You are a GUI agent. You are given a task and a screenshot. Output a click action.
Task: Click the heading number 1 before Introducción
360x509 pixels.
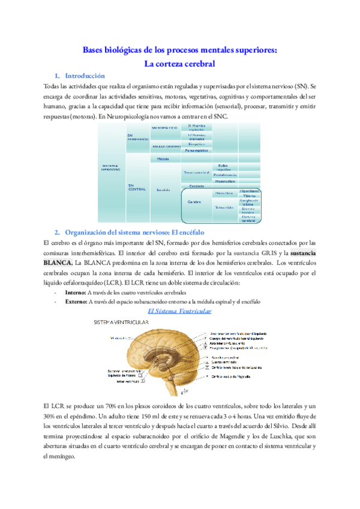coord(56,76)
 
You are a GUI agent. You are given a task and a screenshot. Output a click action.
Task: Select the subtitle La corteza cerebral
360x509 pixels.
coord(179,62)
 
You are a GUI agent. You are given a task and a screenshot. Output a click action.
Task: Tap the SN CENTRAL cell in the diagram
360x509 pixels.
coord(136,187)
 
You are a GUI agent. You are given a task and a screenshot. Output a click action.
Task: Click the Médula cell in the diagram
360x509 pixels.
coord(162,159)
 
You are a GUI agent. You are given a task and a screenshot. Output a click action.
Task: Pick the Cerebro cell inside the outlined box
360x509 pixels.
coord(194,202)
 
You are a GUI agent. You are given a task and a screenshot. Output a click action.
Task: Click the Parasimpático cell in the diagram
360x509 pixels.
coord(196,151)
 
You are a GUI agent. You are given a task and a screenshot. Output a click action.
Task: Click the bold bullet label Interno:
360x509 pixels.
coord(75,292)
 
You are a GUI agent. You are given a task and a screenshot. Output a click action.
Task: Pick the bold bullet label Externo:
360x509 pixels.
coord(76,301)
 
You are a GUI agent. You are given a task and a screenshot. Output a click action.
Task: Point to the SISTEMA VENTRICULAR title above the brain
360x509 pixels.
coord(122,323)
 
